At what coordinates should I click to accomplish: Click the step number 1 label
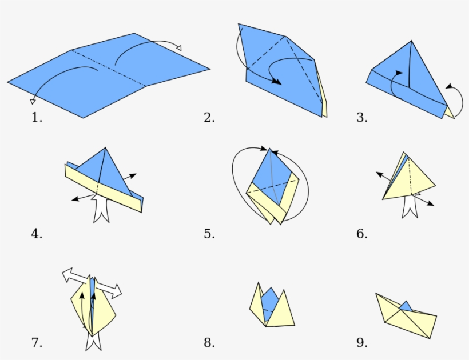click(37, 118)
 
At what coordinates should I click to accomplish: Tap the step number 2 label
click(209, 118)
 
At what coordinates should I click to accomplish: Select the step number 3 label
click(361, 118)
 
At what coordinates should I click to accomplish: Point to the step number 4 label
click(37, 234)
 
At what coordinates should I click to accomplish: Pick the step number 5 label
click(209, 234)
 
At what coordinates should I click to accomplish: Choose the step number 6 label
click(361, 234)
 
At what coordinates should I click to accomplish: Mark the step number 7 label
click(37, 343)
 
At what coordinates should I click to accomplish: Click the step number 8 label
click(209, 343)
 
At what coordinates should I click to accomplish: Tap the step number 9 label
click(361, 343)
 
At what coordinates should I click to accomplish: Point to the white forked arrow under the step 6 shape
click(410, 206)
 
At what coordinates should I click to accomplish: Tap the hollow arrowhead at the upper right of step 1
click(178, 48)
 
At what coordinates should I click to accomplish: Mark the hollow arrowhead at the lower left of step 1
click(33, 101)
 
